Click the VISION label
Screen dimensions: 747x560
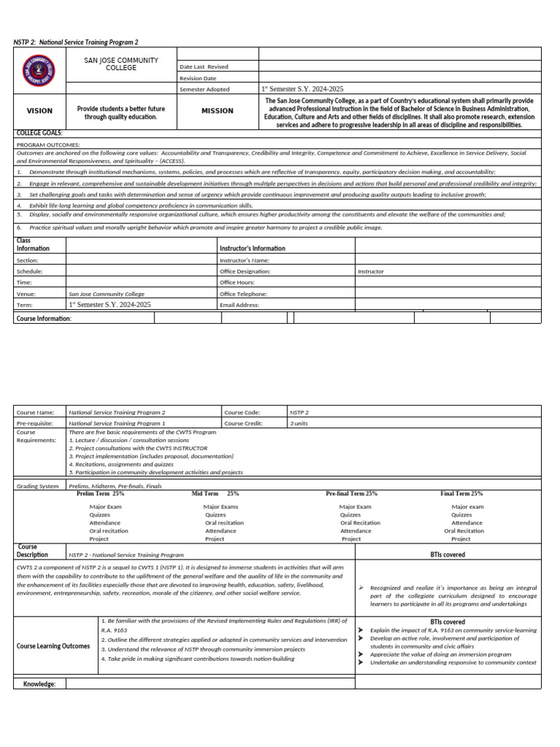[x=39, y=111]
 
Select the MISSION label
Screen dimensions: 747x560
[x=217, y=111]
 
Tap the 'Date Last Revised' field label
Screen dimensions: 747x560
[x=203, y=66]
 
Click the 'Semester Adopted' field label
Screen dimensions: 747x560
[x=204, y=89]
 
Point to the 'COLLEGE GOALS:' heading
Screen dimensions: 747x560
[x=39, y=133]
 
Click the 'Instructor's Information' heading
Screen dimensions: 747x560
[x=252, y=248]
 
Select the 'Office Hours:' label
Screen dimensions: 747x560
[x=237, y=282]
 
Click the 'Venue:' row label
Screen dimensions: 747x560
[x=26, y=294]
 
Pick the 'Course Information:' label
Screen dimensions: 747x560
[x=44, y=318]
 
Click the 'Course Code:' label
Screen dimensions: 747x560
[x=242, y=412]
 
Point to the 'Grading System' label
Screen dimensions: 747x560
[x=37, y=486]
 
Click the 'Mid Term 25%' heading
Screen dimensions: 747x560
[x=215, y=494]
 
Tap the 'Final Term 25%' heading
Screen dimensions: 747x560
[x=462, y=494]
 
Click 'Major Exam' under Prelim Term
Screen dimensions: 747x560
[x=106, y=506]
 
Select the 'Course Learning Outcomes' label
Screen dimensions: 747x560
[x=53, y=646]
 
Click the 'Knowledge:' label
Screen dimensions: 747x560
[x=40, y=684]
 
